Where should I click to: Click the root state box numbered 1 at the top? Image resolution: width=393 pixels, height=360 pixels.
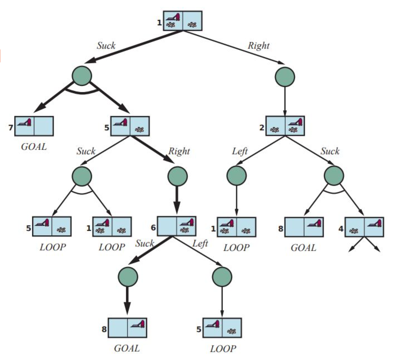point(183,21)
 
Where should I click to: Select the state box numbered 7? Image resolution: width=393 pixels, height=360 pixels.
point(34,126)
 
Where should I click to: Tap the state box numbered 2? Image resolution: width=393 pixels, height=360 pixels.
point(285,126)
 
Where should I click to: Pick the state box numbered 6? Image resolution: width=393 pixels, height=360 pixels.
point(177,226)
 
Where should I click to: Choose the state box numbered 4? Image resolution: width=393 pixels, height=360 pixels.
point(364,227)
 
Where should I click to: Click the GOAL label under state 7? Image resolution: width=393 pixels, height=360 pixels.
point(34,147)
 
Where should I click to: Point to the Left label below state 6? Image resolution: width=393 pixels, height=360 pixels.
point(200,244)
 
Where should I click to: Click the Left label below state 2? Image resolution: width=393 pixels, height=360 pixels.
point(240,151)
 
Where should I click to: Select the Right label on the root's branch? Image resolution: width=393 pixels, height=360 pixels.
point(258,46)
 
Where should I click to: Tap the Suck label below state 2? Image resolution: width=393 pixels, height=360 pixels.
point(330,151)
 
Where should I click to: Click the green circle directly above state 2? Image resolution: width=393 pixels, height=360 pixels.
point(285,77)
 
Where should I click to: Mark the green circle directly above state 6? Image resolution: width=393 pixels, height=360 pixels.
point(178,176)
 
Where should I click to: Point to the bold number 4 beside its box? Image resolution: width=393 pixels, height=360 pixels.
point(341,229)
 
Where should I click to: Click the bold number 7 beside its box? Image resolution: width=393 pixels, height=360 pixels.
point(11,128)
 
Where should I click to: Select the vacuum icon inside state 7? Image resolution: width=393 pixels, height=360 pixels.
point(24,122)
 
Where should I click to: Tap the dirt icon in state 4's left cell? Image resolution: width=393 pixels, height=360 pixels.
point(354,231)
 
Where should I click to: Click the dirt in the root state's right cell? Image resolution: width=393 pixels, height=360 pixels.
point(192,25)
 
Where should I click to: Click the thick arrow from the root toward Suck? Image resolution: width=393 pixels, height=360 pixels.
point(133,47)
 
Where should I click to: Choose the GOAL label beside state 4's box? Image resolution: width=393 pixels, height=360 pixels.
point(304,247)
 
